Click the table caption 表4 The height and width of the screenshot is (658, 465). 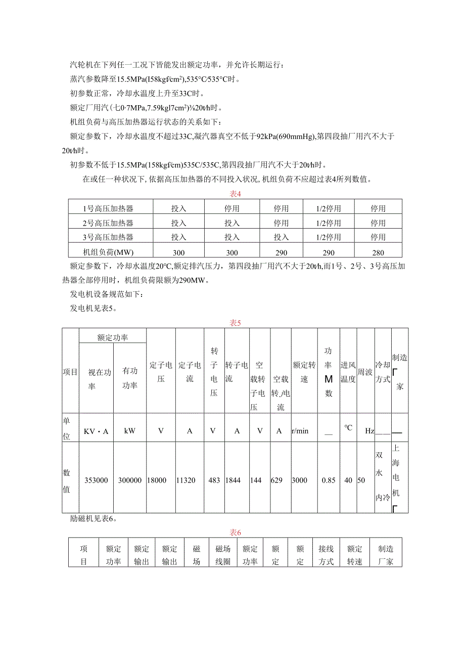pos(236,193)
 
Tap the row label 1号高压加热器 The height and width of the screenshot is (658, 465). pos(108,208)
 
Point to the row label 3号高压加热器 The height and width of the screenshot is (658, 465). pos(108,237)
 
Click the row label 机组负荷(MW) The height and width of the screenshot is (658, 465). pos(108,252)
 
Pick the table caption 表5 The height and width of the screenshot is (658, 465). pos(236,323)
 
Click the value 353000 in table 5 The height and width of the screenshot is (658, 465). pos(96,480)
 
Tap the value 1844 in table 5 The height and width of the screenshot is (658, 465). pos(233,480)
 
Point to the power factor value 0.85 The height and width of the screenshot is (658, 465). pos(329,480)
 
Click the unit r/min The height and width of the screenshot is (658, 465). pos(300,431)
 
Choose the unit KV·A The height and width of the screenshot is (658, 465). pos(96,431)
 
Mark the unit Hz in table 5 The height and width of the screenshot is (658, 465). pos(369,431)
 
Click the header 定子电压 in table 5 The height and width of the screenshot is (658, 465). pos(161,372)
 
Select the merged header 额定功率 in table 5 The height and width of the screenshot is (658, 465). pos(112,337)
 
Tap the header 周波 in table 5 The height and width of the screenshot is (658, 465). pos(365,372)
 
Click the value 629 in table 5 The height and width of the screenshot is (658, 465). pos(277,480)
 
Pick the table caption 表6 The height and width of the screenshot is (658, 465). pos(236,532)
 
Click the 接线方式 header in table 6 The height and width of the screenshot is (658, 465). pos(326,555)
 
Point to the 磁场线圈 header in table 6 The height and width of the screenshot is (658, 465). pos(223,555)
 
